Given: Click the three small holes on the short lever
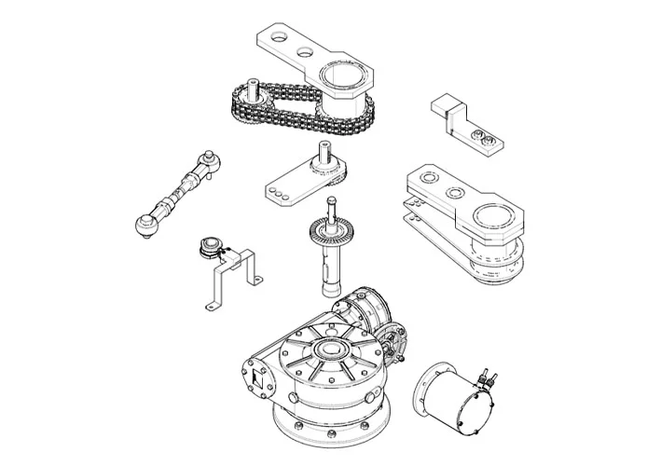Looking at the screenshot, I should [x=277, y=192].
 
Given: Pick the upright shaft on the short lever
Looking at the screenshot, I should [x=327, y=155].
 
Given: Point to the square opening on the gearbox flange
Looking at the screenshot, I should [x=253, y=379].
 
